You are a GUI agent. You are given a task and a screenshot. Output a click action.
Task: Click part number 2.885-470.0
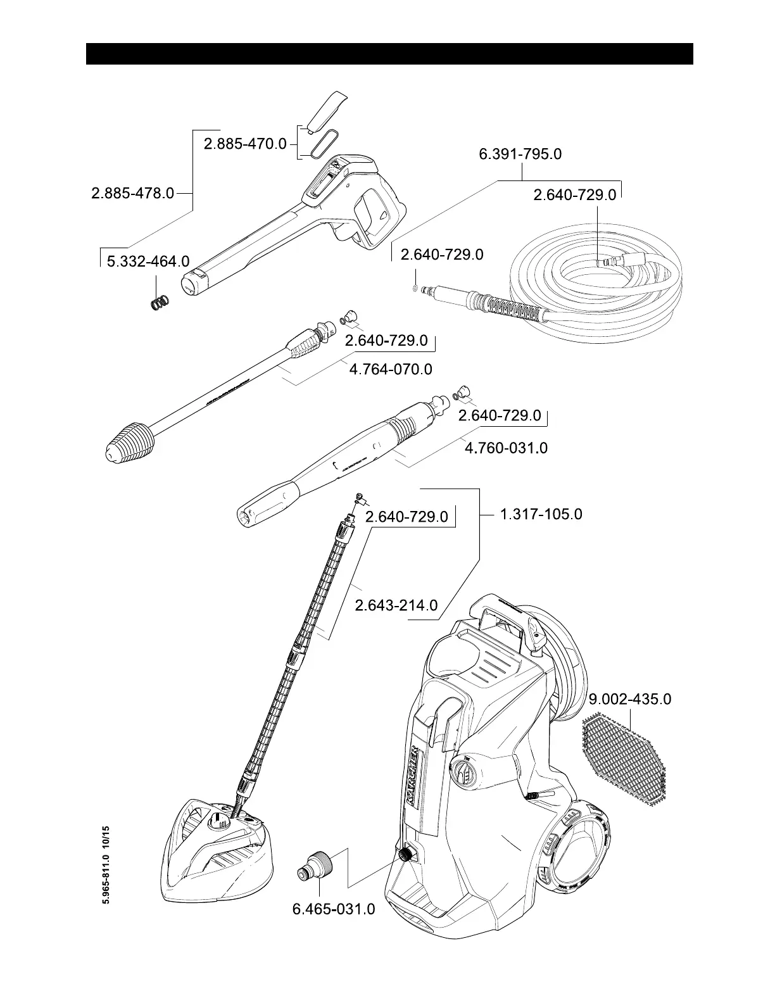click(x=245, y=144)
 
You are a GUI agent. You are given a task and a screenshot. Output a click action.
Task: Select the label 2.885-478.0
click(x=132, y=192)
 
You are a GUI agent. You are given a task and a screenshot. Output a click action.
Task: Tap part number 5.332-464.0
click(x=148, y=261)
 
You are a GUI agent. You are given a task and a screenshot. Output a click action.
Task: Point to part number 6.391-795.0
click(x=520, y=154)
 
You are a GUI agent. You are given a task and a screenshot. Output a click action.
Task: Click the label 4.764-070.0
click(x=391, y=369)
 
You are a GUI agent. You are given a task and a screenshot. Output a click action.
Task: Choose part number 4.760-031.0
click(x=506, y=448)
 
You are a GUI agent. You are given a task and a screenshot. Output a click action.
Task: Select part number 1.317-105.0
click(x=541, y=514)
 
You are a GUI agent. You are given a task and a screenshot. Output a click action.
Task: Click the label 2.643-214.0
click(x=396, y=605)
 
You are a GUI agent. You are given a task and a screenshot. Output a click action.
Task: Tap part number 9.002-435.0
click(x=630, y=699)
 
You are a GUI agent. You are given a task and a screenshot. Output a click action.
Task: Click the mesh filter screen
click(x=624, y=761)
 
